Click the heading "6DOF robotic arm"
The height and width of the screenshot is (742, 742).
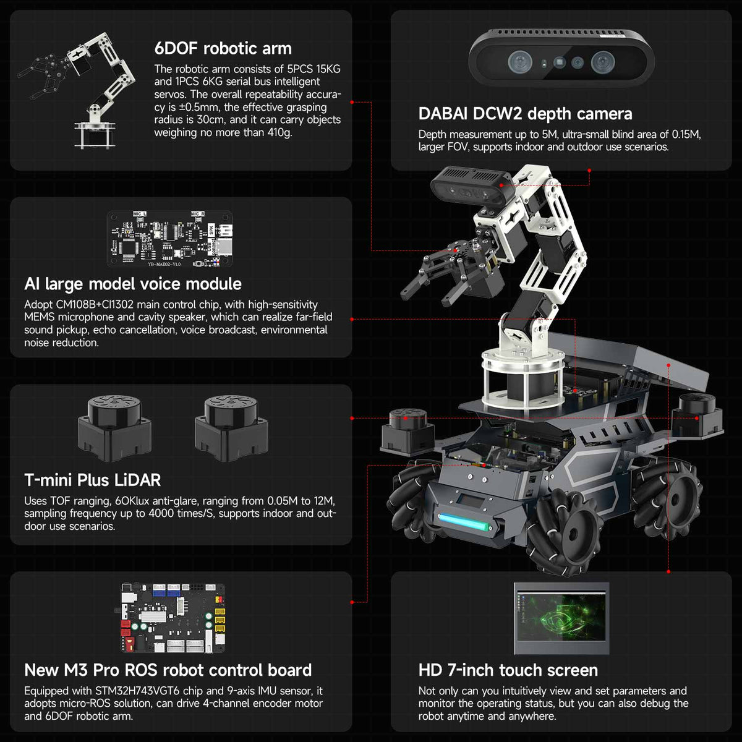(223, 48)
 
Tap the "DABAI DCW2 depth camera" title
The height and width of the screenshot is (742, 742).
(525, 114)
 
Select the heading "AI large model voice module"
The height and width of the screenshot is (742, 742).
(133, 284)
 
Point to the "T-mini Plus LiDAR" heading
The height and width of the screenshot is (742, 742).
(93, 480)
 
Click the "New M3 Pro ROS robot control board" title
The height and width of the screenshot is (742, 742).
(168, 670)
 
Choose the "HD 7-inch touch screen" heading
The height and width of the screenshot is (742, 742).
(508, 670)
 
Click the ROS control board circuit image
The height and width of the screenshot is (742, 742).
(172, 618)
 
